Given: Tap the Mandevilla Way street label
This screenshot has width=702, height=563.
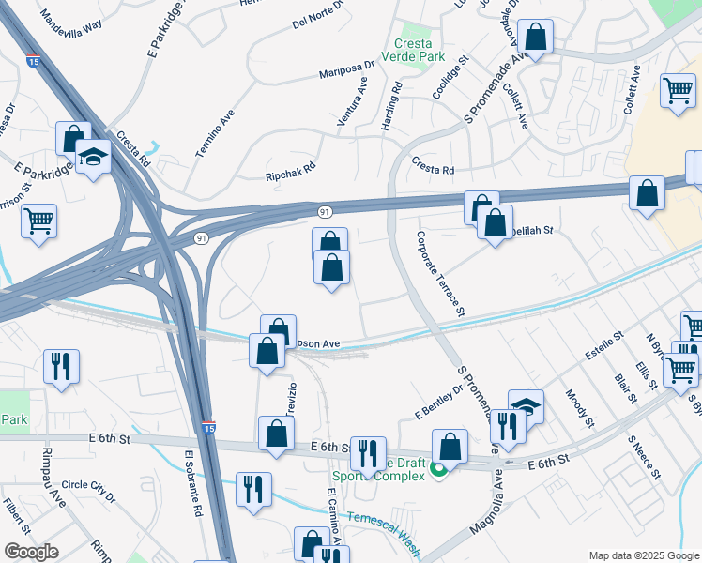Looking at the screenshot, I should click(x=71, y=22).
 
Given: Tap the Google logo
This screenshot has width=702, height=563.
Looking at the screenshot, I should click(x=31, y=551).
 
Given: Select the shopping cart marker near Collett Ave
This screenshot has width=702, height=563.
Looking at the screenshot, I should click(x=677, y=91).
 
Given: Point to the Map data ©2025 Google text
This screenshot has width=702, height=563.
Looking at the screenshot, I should click(x=643, y=555).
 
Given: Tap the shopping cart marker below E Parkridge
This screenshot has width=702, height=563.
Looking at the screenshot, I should click(x=38, y=221).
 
